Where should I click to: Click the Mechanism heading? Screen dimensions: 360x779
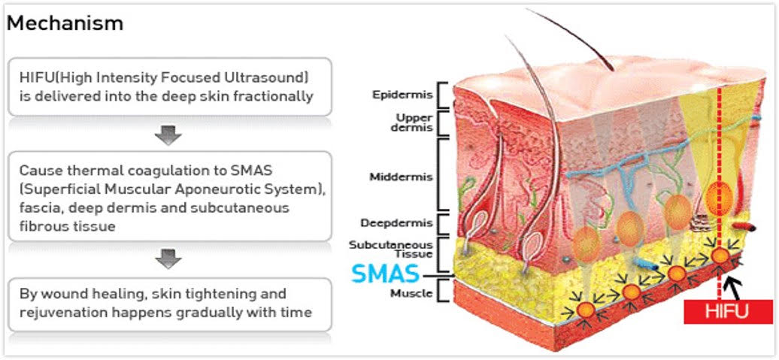click(65, 23)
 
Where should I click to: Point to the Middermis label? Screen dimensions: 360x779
click(401, 177)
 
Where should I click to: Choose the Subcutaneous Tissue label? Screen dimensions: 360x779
click(401, 249)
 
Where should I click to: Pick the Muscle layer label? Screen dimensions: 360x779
click(411, 292)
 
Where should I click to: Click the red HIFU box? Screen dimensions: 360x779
click(729, 311)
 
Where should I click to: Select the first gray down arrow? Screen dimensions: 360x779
click(168, 136)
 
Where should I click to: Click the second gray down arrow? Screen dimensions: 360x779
click(168, 260)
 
